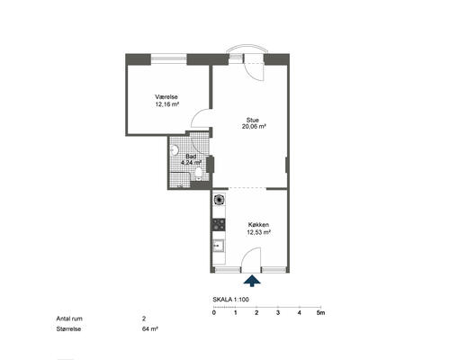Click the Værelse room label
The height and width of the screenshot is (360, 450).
coord(166,97)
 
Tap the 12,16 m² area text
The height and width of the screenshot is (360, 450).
coord(167,104)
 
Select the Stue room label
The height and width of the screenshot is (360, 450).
coord(253,120)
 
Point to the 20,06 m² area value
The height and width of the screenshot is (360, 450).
coord(254,127)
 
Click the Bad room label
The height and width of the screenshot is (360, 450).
coord(191,157)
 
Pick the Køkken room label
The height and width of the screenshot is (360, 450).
coord(258,225)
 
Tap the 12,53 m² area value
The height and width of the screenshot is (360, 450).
coord(259,232)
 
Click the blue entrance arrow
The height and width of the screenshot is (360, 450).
coord(252,281)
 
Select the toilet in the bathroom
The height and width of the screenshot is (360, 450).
coord(198,174)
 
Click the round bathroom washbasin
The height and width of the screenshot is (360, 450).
coord(175,150)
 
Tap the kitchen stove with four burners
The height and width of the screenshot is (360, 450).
coord(219,225)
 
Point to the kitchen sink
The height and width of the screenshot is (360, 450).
coord(219,246)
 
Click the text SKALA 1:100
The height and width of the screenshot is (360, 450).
coord(230,300)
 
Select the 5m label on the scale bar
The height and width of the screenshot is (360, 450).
coord(321,312)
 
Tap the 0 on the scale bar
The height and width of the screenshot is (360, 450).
coord(214,312)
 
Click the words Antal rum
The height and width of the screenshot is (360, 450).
coord(69,319)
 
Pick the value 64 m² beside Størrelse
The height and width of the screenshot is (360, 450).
coord(150,328)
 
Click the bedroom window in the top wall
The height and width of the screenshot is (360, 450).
coord(168,58)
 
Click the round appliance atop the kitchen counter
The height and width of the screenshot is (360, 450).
coord(219,200)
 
